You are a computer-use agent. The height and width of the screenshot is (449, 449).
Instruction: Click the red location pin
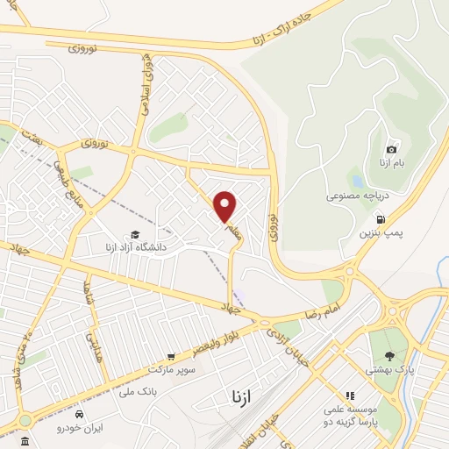[226, 206]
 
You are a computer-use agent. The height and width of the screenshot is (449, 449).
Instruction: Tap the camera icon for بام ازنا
[391, 150]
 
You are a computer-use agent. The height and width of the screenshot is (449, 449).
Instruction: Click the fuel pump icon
[380, 219]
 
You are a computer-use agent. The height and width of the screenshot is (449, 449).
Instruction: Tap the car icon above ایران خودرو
[80, 413]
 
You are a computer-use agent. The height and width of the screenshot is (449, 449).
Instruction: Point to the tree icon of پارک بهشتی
[389, 356]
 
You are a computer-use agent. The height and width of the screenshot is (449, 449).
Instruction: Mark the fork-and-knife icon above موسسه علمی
[350, 396]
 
